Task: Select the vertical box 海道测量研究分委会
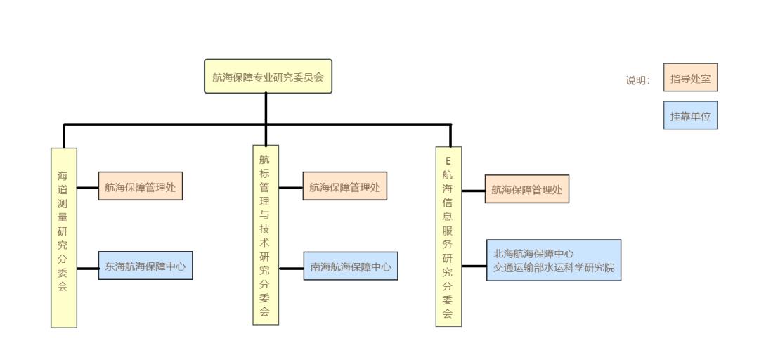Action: tap(64, 238)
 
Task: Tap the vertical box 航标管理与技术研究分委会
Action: tap(266, 235)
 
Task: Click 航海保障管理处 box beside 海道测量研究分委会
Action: tap(140, 188)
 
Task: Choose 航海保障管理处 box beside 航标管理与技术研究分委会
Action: tap(345, 188)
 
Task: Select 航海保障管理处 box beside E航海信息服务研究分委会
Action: tap(526, 189)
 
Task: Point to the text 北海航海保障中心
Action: tap(534, 254)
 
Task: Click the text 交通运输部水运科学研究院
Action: tap(554, 267)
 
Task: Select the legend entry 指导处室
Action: tap(690, 79)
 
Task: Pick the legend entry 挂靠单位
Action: tap(690, 117)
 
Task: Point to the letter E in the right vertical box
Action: tap(448, 161)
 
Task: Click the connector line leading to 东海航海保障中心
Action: tap(87, 268)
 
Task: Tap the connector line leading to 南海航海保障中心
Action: tap(291, 268)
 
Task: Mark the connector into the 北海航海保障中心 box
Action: tap(474, 266)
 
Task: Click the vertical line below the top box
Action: tap(266, 108)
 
